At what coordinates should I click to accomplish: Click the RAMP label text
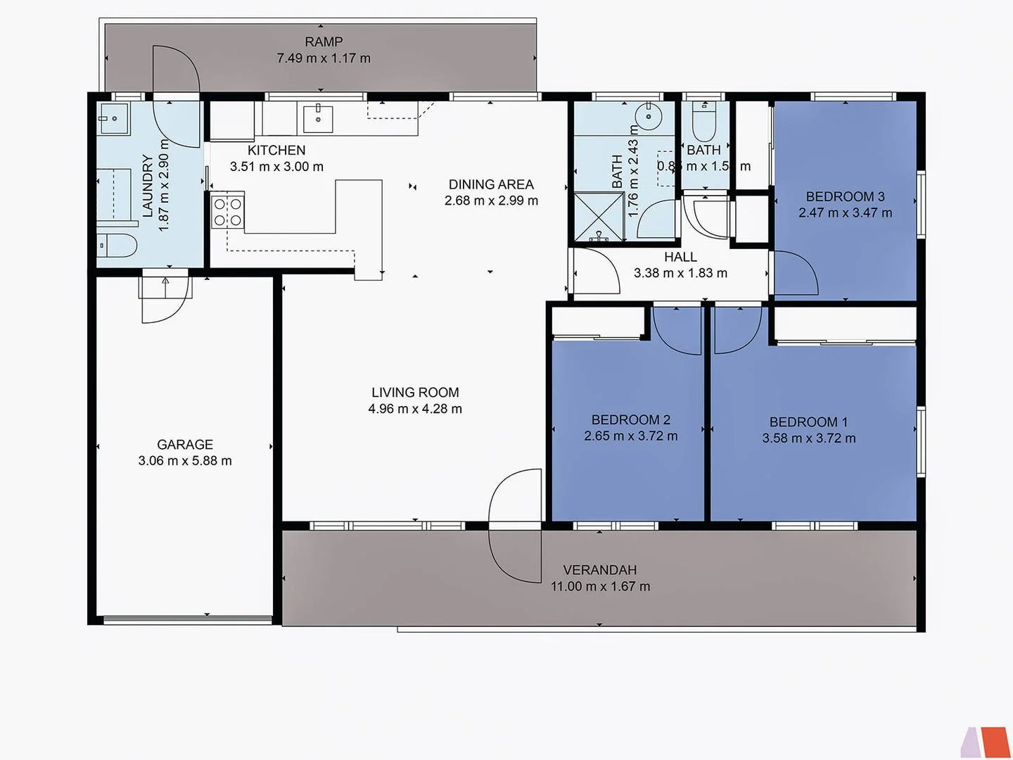[324, 42]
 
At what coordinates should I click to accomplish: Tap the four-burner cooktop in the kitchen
[228, 213]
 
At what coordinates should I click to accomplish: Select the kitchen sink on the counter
[318, 118]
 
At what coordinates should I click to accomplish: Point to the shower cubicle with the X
[599, 217]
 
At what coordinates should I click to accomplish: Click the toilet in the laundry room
[117, 246]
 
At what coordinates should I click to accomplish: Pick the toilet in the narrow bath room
[703, 122]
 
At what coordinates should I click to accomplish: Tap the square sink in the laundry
[113, 118]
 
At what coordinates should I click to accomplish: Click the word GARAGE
[185, 445]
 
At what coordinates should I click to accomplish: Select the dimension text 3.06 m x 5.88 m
[185, 461]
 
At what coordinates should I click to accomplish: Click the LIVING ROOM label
[415, 393]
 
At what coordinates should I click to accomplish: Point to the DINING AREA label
[491, 184]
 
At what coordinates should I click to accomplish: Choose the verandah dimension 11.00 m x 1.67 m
[600, 586]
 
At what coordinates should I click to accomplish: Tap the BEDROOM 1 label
[808, 422]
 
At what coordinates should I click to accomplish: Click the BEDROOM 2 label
[630, 420]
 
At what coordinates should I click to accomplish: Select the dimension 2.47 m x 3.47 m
[845, 213]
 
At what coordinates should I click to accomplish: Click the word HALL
[680, 258]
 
